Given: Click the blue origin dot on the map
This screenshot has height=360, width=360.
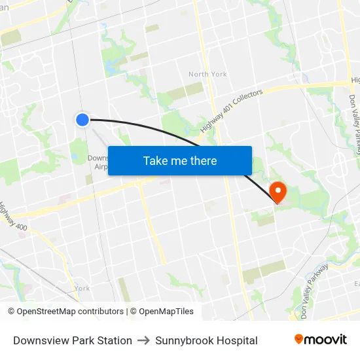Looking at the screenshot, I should (82, 119).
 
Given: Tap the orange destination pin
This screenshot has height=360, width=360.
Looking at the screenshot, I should (278, 191).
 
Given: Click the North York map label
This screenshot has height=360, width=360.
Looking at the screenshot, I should (207, 74).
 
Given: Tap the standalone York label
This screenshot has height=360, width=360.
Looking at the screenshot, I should (82, 288).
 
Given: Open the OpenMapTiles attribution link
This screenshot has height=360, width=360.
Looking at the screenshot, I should (166, 312).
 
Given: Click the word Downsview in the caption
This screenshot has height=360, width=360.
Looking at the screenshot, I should (39, 340).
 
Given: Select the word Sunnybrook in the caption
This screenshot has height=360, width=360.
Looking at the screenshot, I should (187, 340).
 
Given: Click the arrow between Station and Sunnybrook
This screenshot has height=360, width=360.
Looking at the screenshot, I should (143, 340).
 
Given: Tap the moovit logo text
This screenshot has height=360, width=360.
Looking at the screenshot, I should (326, 339).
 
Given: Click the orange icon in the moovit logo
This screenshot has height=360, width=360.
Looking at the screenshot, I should (299, 339).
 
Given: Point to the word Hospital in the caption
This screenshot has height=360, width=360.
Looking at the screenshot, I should (238, 340).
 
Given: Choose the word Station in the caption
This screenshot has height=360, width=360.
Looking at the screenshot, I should (115, 340).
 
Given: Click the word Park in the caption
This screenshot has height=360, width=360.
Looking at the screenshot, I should (81, 340).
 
